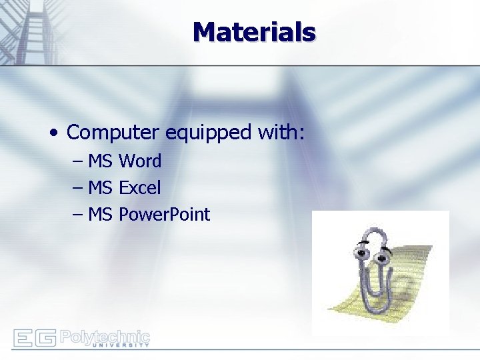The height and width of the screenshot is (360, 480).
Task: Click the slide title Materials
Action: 254,31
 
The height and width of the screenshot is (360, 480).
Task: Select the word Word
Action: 140,161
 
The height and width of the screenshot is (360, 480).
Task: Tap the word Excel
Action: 139,188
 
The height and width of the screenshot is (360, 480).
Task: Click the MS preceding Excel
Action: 100,188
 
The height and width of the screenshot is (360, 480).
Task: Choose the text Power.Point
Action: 164,215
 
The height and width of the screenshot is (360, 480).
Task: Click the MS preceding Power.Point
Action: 100,215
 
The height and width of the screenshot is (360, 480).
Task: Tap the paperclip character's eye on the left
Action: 363,253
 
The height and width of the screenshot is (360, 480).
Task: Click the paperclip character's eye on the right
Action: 383,256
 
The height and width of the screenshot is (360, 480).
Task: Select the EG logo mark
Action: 34,338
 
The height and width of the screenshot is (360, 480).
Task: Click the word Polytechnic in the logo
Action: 105,335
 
